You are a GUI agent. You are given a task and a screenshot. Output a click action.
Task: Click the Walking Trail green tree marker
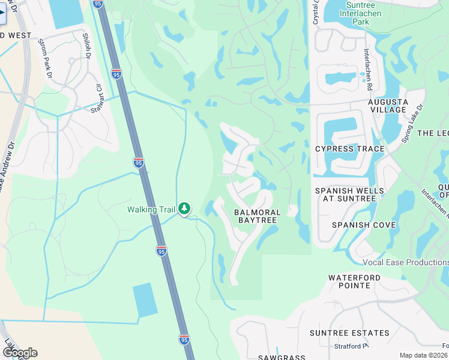[184, 209]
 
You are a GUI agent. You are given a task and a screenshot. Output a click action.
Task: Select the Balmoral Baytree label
[257, 217]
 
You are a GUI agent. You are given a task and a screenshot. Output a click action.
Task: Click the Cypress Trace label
[349, 148]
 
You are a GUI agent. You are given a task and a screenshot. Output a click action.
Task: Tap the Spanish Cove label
[364, 225]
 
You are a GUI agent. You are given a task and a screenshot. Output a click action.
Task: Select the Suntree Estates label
[337, 332]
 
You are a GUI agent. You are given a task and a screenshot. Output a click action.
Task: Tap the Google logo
[20, 353]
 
